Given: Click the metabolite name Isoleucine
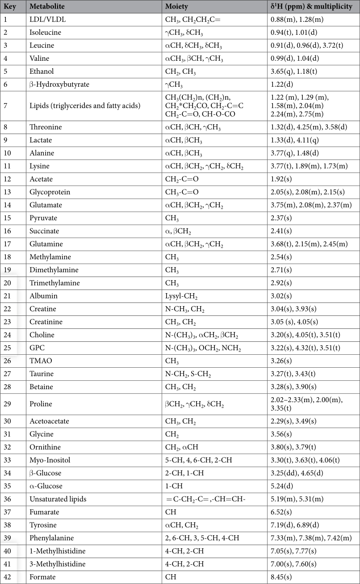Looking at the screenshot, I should point(45,33).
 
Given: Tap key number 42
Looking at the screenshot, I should point(8,577).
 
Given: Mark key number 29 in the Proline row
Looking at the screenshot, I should point(8,404).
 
